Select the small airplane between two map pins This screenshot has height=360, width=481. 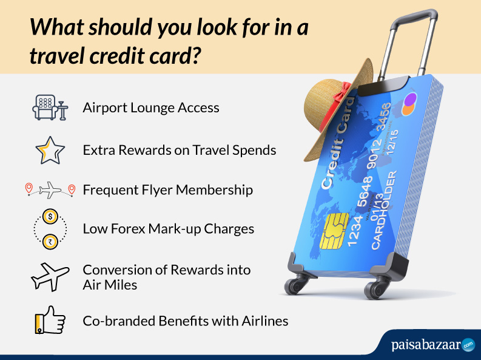click(x=50, y=191)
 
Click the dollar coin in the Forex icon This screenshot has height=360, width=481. click(x=50, y=216)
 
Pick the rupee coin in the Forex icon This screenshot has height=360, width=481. click(x=50, y=241)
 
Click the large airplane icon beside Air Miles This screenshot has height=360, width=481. click(x=50, y=276)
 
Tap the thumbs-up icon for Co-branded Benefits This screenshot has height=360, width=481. click(x=50, y=319)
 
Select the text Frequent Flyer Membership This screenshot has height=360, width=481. click(x=167, y=190)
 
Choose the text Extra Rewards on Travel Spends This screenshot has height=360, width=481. click(x=180, y=150)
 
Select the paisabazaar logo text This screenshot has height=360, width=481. click(x=425, y=344)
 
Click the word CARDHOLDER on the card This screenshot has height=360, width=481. click(x=388, y=209)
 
